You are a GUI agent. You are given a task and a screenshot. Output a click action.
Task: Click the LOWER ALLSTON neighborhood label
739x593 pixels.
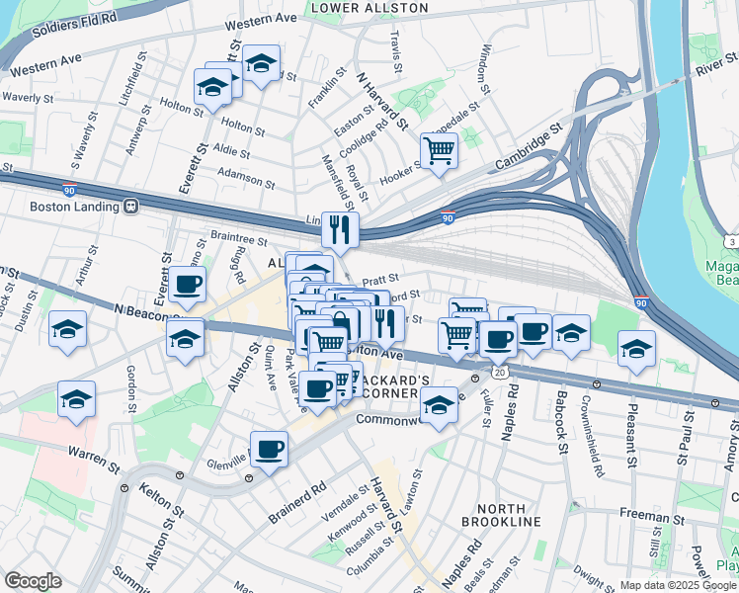click(369, 8)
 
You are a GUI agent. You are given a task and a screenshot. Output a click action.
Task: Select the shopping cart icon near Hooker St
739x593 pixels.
click(439, 151)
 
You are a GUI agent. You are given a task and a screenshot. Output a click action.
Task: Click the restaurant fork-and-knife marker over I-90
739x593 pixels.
click(339, 230)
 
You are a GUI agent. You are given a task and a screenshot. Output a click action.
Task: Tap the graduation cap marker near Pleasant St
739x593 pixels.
click(636, 349)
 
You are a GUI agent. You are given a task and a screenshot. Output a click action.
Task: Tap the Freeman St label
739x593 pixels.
click(652, 515)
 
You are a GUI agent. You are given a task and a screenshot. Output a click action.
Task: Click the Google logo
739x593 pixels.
click(33, 581)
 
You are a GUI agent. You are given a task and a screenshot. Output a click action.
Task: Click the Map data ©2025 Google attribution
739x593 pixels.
click(678, 585)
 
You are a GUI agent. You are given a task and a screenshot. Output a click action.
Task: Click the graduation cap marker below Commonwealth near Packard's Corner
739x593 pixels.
click(440, 404)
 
